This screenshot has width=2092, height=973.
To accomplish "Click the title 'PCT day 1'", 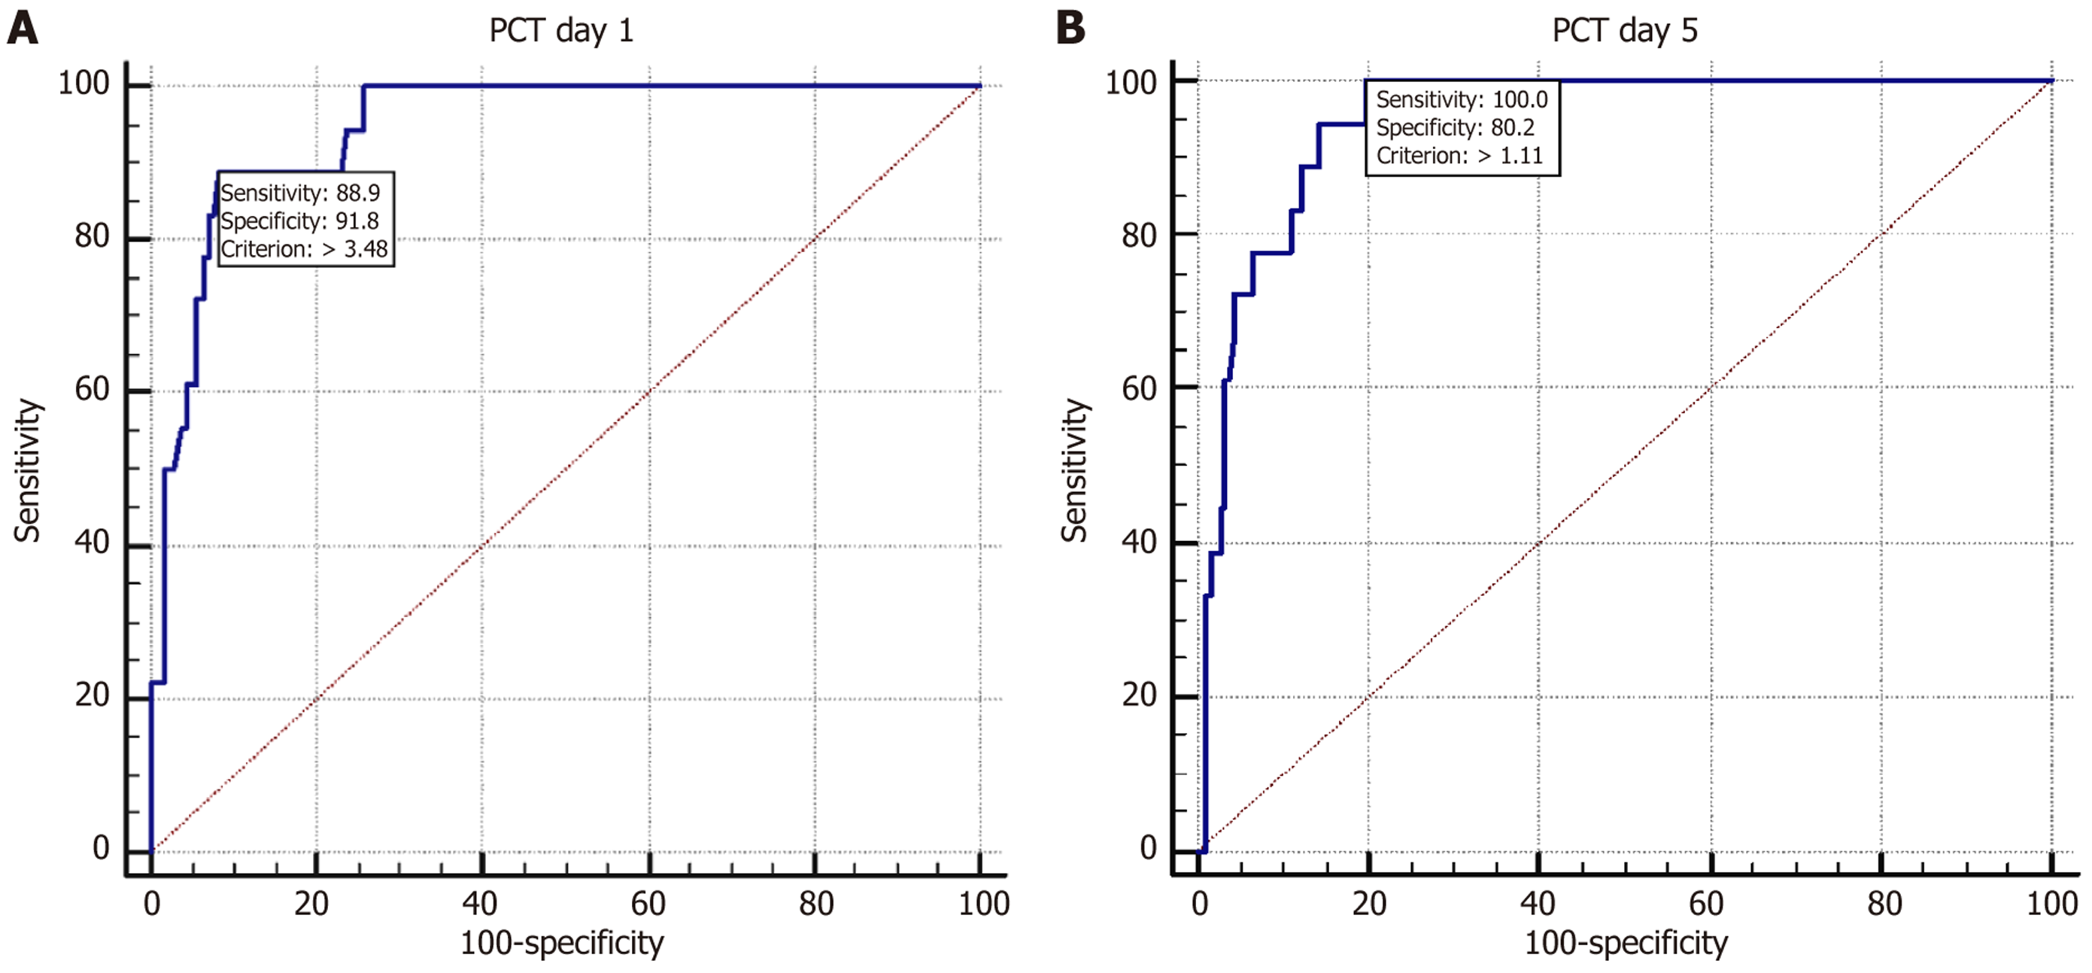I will (561, 31).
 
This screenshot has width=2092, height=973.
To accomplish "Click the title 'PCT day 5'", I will (1624, 31).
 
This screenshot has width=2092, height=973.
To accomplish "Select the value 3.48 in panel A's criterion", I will (366, 249).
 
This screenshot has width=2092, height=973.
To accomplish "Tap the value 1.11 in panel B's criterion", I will (1521, 156).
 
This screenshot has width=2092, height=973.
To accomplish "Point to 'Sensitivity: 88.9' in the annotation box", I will (300, 193).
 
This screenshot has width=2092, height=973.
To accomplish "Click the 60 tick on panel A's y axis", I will (92, 389).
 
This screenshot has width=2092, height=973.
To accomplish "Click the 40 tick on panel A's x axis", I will (479, 904).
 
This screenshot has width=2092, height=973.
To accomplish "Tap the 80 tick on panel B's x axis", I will (1884, 904).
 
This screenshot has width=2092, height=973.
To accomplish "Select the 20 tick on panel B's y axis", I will (1139, 695).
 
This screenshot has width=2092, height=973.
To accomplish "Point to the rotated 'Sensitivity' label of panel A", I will (27, 470).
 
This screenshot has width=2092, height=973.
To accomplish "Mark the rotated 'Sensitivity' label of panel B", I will (1074, 470).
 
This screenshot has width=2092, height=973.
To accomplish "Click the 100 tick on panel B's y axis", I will (1131, 83).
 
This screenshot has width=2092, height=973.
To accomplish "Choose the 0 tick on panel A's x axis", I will (152, 904).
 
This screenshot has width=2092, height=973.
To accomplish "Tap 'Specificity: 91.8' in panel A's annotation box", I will (299, 221).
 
